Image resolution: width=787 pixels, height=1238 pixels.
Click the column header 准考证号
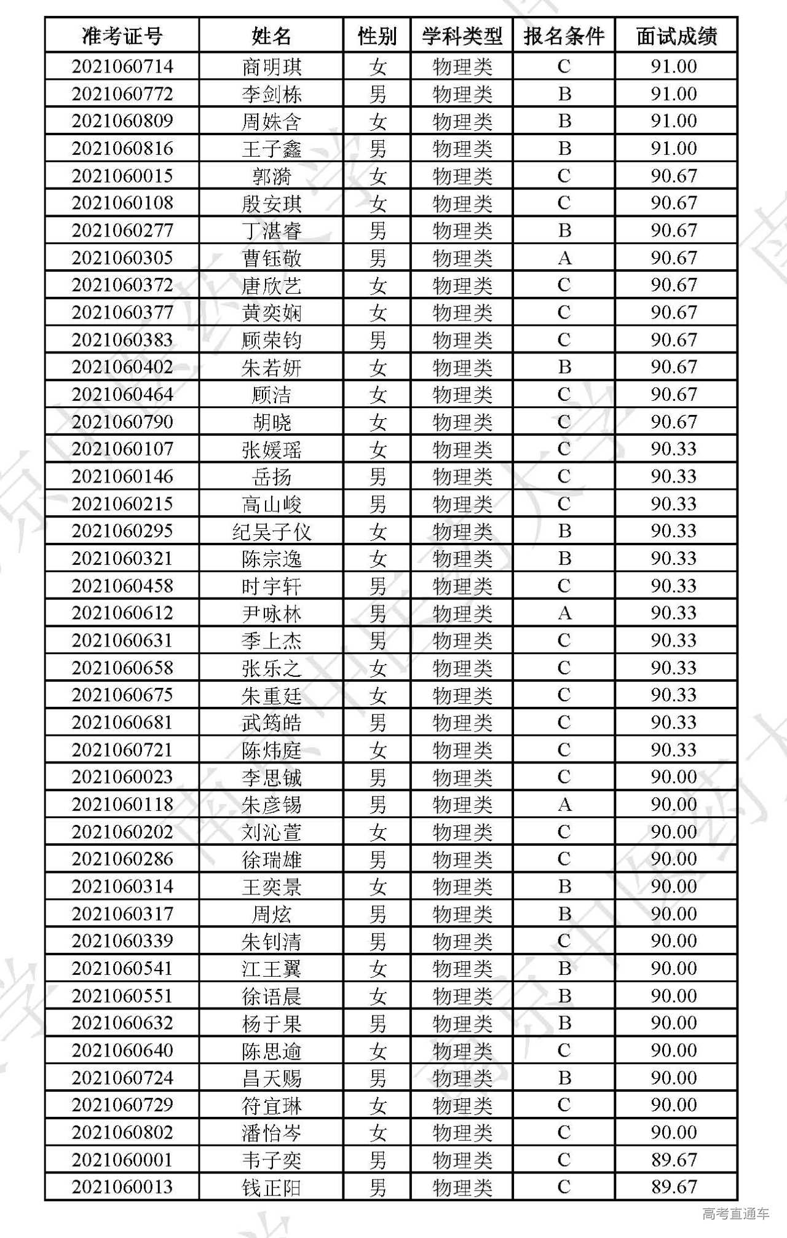122,36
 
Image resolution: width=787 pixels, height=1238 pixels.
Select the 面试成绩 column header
676,36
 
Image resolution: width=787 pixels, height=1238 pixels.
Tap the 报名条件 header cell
564,36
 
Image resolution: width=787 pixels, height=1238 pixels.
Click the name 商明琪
271,66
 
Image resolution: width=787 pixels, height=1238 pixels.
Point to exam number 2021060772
122,94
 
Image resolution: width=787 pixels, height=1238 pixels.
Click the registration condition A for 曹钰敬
564,258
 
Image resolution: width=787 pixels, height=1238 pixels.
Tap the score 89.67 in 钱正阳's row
674,1187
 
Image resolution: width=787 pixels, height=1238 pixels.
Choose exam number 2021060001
122,1160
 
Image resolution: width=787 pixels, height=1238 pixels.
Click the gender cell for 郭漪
378,176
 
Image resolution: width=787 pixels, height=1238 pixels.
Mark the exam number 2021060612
122,613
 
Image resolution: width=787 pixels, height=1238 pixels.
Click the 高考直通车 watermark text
735,1213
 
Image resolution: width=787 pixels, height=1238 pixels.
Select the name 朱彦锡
271,805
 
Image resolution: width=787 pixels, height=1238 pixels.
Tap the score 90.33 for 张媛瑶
674,449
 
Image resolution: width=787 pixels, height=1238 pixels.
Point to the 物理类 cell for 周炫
462,914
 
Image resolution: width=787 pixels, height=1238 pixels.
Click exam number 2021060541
122,969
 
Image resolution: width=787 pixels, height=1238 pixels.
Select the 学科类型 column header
462,36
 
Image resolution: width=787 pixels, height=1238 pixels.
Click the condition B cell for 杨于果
564,1023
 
